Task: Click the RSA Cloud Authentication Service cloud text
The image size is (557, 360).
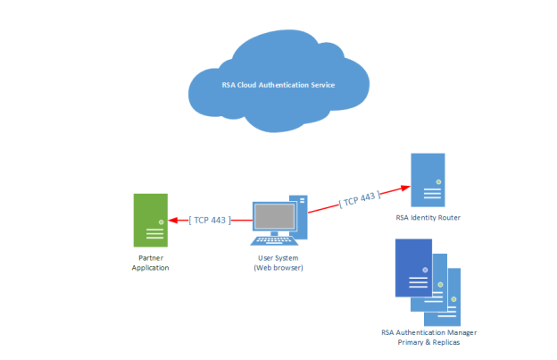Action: click(278, 85)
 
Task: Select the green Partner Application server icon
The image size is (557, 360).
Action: click(149, 220)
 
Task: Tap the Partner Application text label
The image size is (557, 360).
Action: click(150, 263)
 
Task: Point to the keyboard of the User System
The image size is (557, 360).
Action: click(276, 239)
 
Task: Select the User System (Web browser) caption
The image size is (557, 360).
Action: click(278, 263)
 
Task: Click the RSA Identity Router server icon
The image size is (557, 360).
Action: click(428, 180)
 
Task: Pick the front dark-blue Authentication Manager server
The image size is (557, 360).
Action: click(413, 267)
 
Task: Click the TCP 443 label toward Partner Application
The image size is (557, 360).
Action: click(211, 220)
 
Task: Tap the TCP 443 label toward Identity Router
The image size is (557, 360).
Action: click(359, 197)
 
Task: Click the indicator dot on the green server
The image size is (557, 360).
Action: click(161, 221)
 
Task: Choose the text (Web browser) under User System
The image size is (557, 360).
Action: click(278, 267)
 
